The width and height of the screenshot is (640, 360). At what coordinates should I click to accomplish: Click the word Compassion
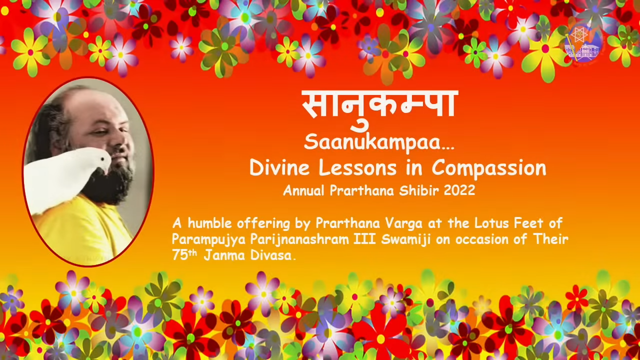point(489,169)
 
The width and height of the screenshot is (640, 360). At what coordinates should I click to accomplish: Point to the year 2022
point(459,190)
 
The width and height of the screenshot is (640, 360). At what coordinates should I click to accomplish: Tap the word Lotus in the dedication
point(491,223)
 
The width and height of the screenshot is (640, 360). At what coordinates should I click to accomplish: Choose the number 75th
point(184,255)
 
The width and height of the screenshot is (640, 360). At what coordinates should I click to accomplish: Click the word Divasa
point(271,255)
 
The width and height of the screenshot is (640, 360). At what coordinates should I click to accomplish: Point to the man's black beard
point(111,183)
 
